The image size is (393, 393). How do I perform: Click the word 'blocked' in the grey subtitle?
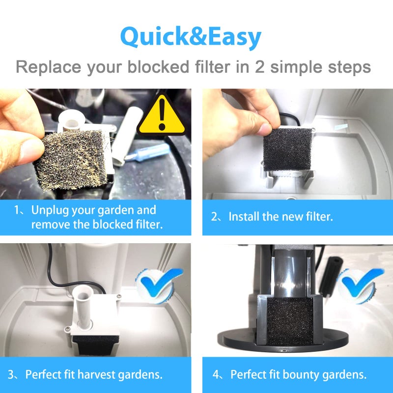[x=158, y=67]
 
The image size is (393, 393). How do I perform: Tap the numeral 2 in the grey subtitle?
[x=260, y=67]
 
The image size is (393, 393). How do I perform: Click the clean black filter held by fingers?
[x=287, y=150]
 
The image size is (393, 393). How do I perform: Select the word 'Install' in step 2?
[x=244, y=217]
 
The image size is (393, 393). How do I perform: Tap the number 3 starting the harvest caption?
[x=11, y=375]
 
